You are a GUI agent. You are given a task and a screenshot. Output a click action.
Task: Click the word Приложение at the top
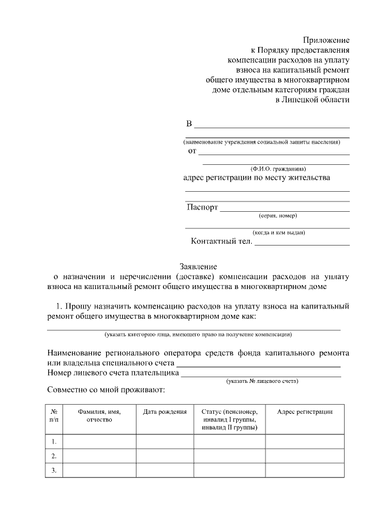click(x=326, y=40)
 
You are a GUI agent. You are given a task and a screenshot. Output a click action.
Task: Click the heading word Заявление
click(x=198, y=266)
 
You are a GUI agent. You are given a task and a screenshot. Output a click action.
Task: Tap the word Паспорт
click(x=202, y=207)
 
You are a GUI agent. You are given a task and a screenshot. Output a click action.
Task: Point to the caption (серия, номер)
click(x=278, y=216)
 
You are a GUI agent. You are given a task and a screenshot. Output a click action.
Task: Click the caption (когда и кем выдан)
click(x=279, y=232)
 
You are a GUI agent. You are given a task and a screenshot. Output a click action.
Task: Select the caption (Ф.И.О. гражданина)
click(x=278, y=168)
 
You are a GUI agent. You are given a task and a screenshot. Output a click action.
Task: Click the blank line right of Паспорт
click(x=285, y=210)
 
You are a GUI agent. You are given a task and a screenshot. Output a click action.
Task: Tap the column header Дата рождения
click(x=165, y=412)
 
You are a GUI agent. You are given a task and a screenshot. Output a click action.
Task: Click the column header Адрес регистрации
click(x=304, y=412)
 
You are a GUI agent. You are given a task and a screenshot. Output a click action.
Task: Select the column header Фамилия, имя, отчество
click(x=99, y=416)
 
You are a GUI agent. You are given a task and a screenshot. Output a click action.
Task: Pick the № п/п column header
click(x=54, y=416)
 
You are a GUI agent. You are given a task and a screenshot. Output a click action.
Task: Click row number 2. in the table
click(x=54, y=456)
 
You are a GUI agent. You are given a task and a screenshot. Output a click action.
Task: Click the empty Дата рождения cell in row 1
click(x=165, y=441)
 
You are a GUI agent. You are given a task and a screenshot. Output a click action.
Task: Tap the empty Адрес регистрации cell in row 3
click(x=304, y=470)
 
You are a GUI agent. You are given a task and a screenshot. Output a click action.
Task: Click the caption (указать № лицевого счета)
click(x=262, y=381)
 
